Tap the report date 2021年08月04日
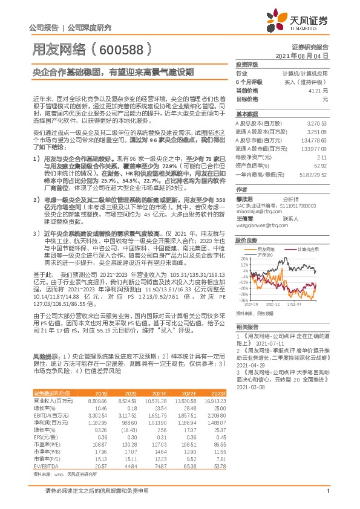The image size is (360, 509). tap(306, 55)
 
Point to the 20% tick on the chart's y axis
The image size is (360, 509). tap(244, 259)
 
